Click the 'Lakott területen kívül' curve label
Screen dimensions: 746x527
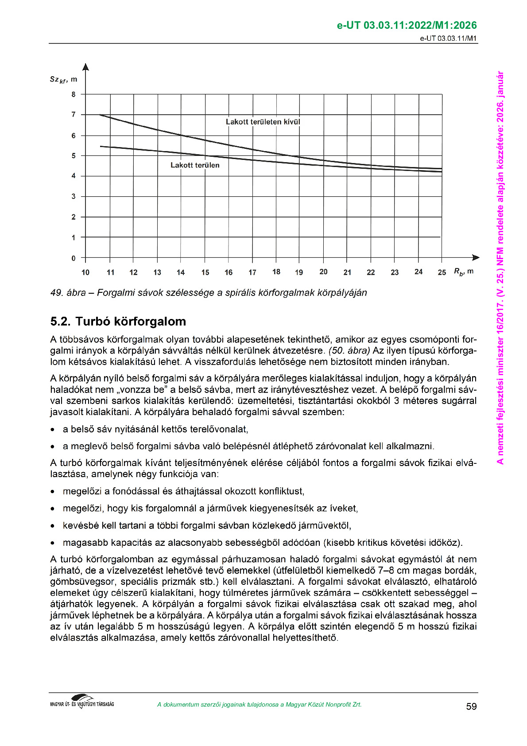pos(263,122)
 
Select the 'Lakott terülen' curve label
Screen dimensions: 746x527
pos(195,165)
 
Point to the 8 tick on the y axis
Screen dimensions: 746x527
pos(74,94)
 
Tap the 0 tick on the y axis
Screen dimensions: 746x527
pos(74,258)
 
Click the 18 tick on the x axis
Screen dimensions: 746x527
pos(276,272)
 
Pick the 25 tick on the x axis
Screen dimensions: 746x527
pos(442,272)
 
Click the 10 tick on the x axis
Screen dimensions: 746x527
pos(85,272)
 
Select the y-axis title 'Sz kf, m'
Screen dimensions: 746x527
pos(63,80)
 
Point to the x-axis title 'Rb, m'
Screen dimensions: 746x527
pos(463,272)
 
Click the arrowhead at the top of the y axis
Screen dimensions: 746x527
pos(86,67)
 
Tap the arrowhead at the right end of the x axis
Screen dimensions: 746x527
pos(476,257)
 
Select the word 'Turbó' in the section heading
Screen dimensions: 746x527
pos(93,322)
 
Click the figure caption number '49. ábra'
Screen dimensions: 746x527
pos(68,293)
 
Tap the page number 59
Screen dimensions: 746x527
pos(471,707)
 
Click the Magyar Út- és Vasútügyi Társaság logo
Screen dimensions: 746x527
pos(82,702)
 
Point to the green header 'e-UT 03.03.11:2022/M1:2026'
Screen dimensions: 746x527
pos(407,26)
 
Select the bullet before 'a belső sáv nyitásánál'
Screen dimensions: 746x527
pos(53,430)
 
